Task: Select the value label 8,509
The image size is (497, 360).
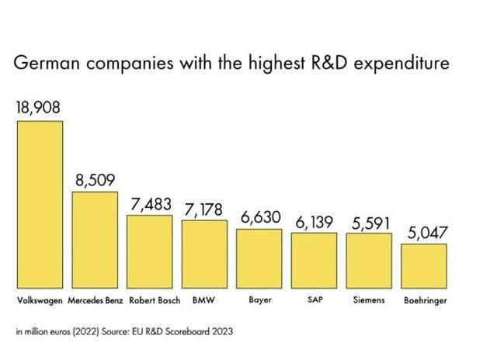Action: pyautogui.click(x=95, y=180)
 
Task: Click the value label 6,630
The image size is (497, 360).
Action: pyautogui.click(x=259, y=218)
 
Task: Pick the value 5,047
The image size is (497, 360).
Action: pyautogui.click(x=425, y=233)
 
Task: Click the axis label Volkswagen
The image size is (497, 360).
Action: pyautogui.click(x=40, y=299)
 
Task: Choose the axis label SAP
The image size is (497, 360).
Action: pyautogui.click(x=315, y=299)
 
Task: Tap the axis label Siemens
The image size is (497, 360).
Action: pyautogui.click(x=370, y=299)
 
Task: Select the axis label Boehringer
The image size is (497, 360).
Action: pyautogui.click(x=425, y=299)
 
